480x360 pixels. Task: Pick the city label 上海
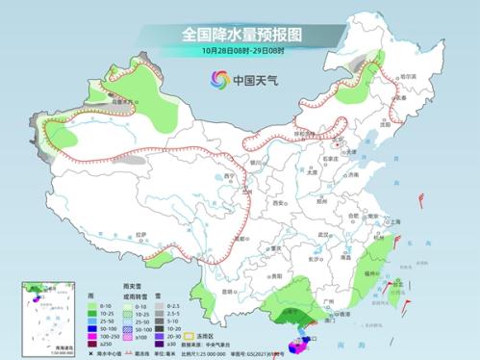(x=394, y=221)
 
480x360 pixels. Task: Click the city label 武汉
(x=323, y=234)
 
